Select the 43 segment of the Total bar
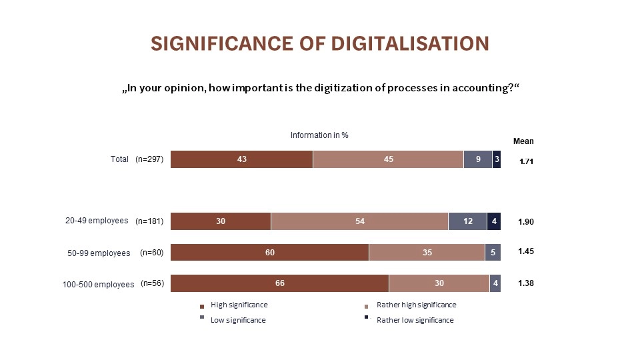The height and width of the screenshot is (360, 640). pyautogui.click(x=241, y=159)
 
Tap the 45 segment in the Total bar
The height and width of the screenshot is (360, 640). pyautogui.click(x=388, y=159)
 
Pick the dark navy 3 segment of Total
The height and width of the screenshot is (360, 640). pyautogui.click(x=497, y=159)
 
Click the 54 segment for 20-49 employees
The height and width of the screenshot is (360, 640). pyautogui.click(x=359, y=221)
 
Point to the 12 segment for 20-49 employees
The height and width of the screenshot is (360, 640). pyautogui.click(x=467, y=221)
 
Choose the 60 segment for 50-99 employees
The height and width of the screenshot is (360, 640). pyautogui.click(x=269, y=252)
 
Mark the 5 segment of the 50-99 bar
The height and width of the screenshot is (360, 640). pyautogui.click(x=493, y=252)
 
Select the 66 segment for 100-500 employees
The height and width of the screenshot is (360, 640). pyautogui.click(x=279, y=283)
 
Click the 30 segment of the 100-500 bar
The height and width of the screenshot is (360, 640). pyautogui.click(x=439, y=283)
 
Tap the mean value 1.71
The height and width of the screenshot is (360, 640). pyautogui.click(x=527, y=161)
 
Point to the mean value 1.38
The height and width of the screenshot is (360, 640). pyautogui.click(x=527, y=283)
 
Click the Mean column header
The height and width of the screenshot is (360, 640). pyautogui.click(x=523, y=141)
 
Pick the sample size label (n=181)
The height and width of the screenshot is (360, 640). pyautogui.click(x=149, y=221)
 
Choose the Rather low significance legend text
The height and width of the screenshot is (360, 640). pyautogui.click(x=415, y=320)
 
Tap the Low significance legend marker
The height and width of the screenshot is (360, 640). pyautogui.click(x=202, y=318)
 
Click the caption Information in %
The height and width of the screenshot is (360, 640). pyautogui.click(x=319, y=135)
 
